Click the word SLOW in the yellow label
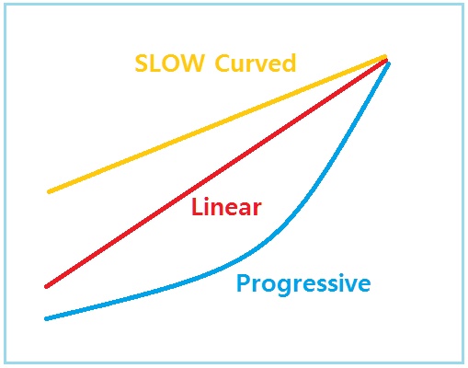point(169,63)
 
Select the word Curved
point(256,63)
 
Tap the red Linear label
point(226,207)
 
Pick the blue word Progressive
point(303,284)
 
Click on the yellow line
point(217,124)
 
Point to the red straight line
point(216,173)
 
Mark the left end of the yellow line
point(49,192)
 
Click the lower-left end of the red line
point(46,287)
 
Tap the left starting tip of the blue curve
point(46,319)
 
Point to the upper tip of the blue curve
point(389,63)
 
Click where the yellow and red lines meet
point(385,58)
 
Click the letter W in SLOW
point(192,63)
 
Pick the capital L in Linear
point(197,207)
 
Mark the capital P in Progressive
point(243,282)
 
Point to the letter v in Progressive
point(349,285)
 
